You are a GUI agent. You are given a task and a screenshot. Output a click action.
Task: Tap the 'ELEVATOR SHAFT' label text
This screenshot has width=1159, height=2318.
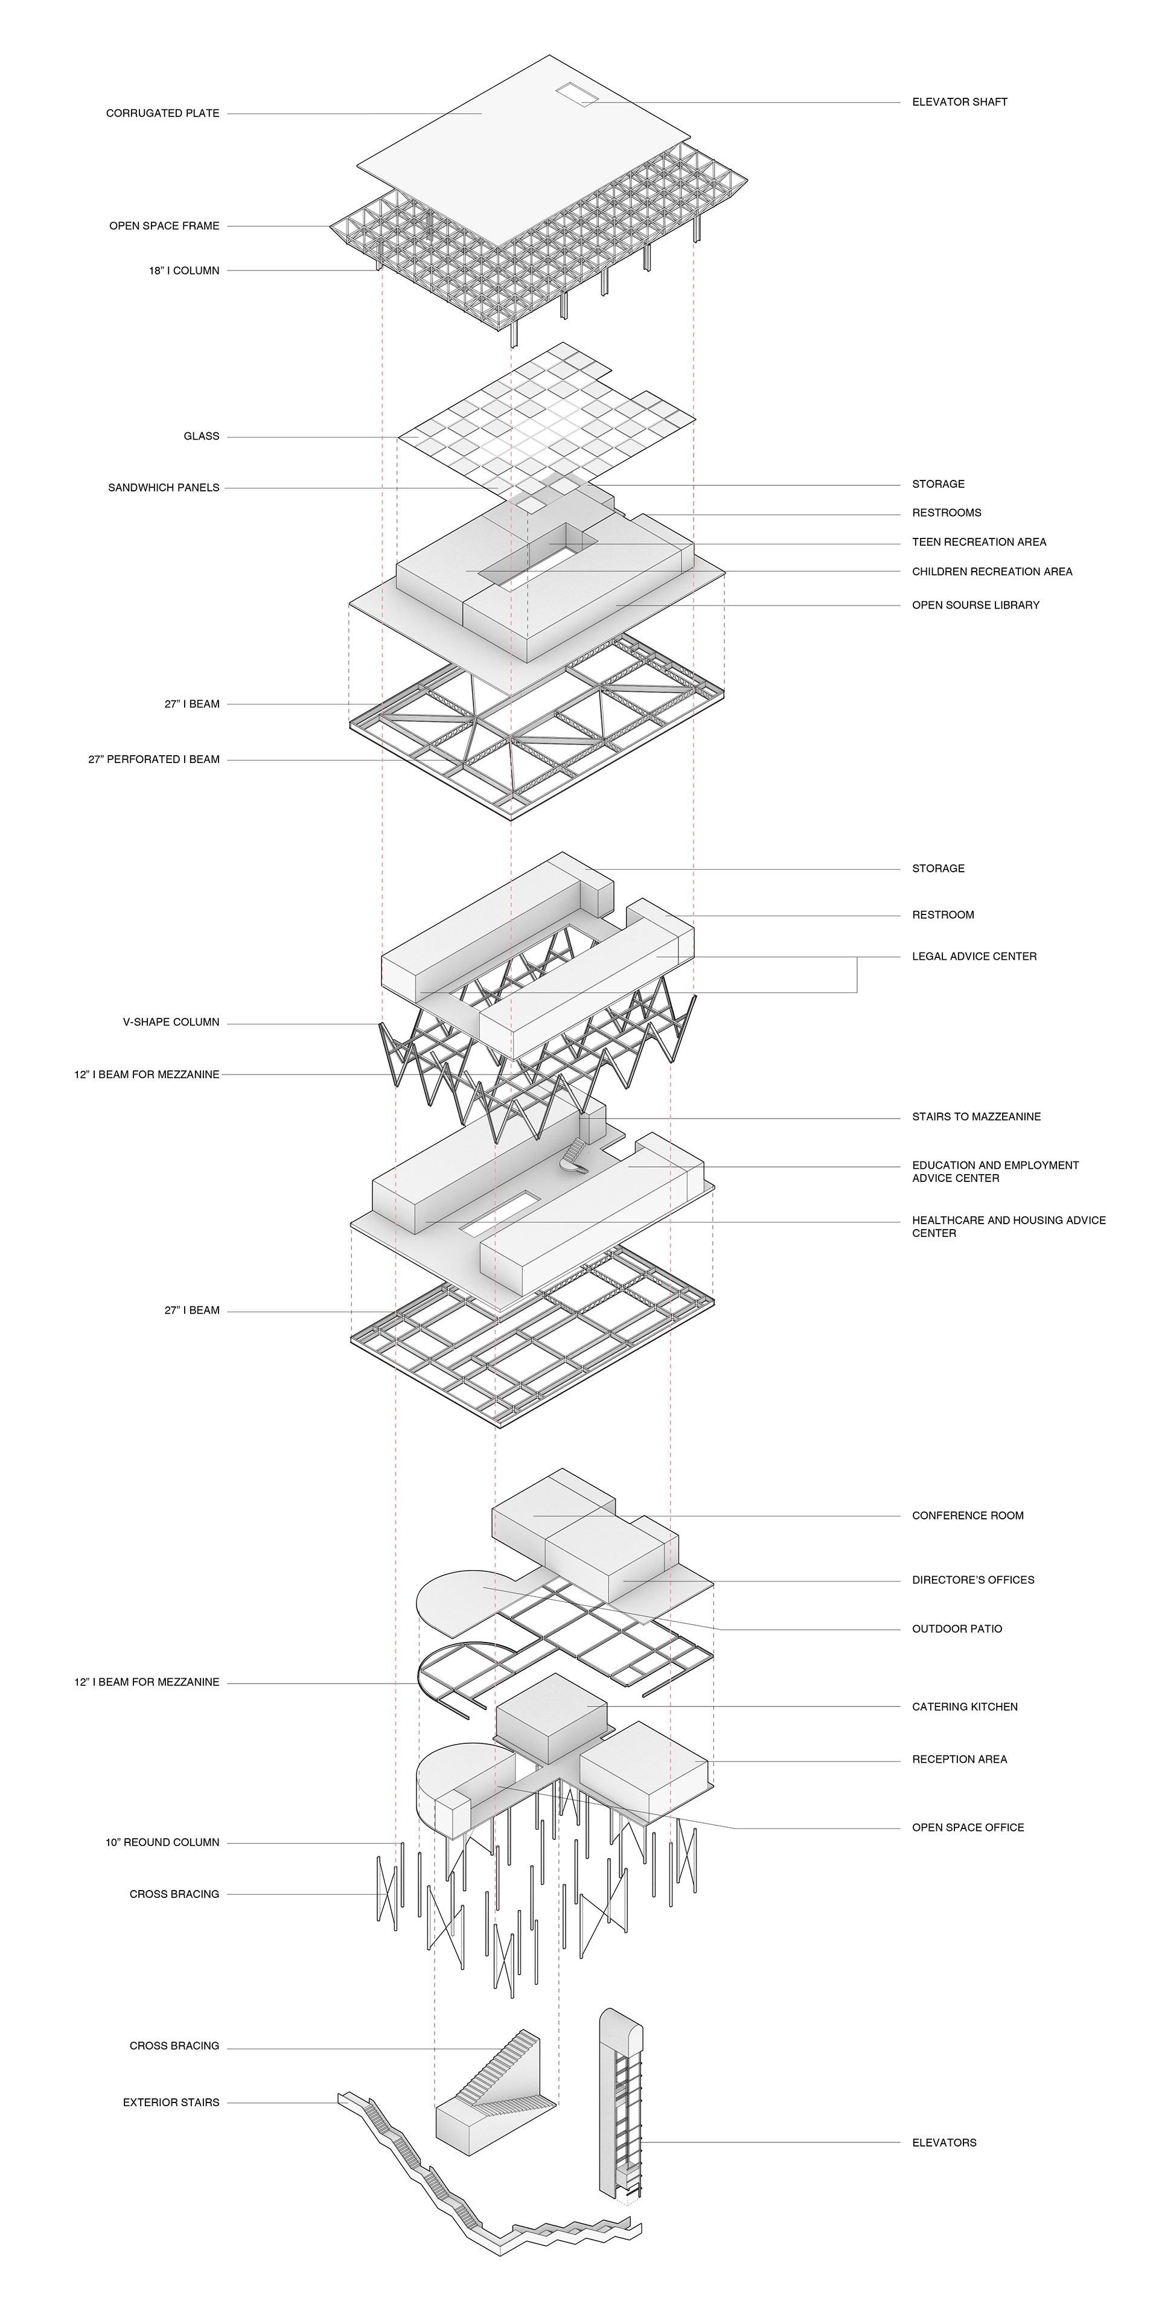coord(959,101)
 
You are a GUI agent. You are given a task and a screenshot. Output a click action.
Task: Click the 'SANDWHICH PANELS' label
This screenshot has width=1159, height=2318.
coord(163,488)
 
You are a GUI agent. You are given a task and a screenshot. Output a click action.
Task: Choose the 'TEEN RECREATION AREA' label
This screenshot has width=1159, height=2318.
coord(979,541)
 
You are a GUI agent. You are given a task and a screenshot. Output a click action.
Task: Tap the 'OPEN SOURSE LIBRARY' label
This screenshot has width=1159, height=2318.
coord(975,605)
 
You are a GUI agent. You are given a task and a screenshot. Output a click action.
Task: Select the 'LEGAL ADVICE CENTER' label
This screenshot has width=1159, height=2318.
coord(974,957)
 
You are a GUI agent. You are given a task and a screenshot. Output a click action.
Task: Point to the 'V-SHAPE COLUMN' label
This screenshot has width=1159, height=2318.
coord(171,1022)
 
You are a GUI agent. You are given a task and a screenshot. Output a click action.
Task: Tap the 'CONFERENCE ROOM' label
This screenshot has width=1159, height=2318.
coord(967,1515)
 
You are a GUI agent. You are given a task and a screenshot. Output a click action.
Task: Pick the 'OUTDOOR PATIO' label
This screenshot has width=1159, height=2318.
coord(957,1629)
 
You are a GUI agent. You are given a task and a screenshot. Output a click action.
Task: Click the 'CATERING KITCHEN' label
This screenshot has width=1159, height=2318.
coord(965,1706)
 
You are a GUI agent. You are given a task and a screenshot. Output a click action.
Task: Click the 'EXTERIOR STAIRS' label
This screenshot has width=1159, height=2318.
coord(171,2103)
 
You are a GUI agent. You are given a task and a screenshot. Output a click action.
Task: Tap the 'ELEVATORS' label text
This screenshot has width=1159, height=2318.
coord(944,2142)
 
